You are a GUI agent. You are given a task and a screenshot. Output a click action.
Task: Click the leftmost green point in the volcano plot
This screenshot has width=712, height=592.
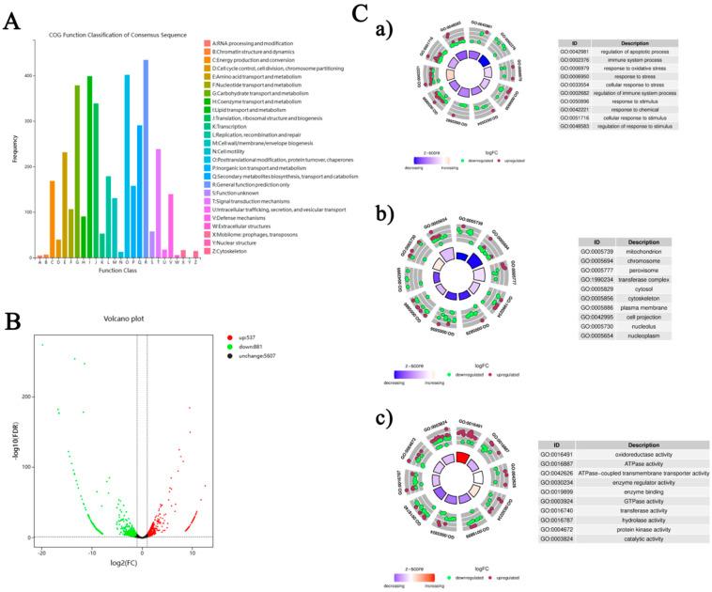pyautogui.click(x=42, y=345)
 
